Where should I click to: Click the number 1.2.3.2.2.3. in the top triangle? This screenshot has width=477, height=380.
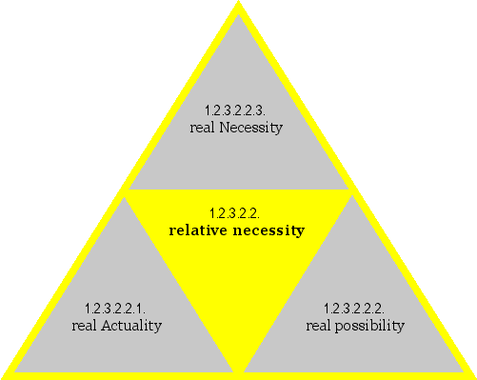[237, 110]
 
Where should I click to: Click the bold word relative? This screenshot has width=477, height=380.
[200, 230]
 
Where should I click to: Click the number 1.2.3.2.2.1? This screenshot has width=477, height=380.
[114, 309]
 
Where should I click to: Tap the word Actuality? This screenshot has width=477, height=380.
[130, 326]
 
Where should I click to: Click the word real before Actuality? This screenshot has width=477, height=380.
[85, 326]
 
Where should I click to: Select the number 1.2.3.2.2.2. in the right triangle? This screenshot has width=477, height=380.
[354, 309]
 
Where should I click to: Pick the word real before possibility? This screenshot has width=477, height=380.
[320, 326]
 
